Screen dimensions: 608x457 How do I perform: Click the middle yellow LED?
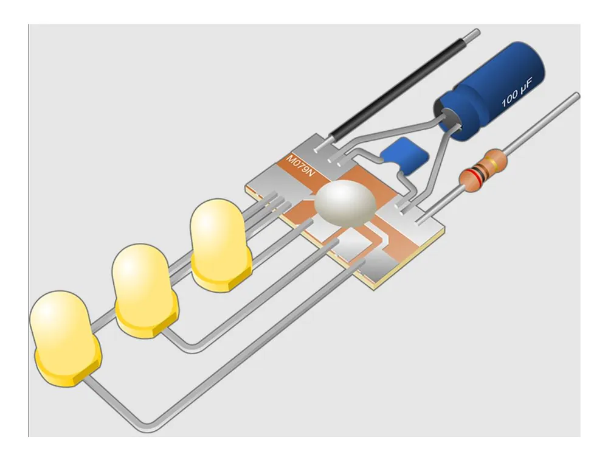145,291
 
